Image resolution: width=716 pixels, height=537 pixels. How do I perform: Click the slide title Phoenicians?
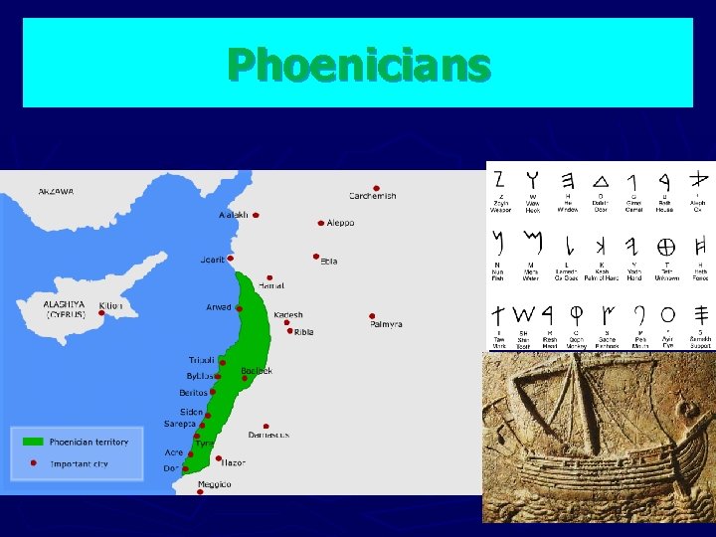point(358,65)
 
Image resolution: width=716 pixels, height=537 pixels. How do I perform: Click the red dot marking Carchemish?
point(376,187)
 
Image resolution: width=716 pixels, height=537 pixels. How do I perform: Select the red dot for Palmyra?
point(372,316)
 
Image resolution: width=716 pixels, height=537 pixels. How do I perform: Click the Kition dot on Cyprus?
point(101,312)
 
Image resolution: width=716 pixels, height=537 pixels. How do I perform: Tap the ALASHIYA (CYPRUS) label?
point(66,308)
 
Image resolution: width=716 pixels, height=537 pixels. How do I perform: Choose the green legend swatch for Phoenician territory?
point(33,442)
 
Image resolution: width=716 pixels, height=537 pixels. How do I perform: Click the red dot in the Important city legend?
point(33,463)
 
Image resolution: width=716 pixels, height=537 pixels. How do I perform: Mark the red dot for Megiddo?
point(200,491)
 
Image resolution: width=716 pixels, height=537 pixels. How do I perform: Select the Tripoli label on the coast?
point(201,360)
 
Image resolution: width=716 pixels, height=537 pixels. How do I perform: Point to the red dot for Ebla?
point(316,255)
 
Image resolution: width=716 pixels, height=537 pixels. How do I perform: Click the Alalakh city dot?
point(256,215)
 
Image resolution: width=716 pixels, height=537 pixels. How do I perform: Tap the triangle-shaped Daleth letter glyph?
point(601,180)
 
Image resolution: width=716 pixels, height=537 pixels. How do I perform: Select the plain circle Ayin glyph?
point(668,313)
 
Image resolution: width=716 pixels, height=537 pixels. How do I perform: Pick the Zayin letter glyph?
point(498,180)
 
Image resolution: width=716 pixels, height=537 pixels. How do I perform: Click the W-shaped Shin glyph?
point(524,313)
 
